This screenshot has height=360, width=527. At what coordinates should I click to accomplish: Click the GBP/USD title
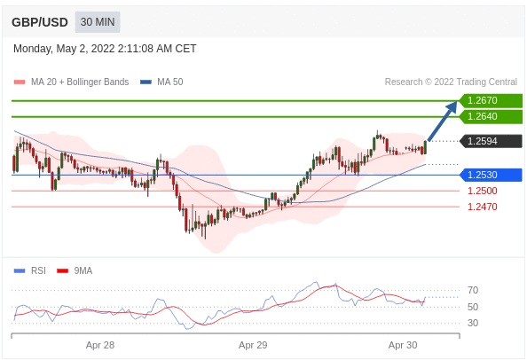click(x=40, y=22)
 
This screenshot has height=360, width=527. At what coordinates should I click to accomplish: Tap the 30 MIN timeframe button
click(x=98, y=22)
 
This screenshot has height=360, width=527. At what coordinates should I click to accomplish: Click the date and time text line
click(x=105, y=49)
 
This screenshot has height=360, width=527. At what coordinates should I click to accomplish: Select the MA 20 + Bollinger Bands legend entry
click(x=71, y=82)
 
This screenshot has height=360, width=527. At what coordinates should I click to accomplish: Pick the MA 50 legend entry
click(x=161, y=82)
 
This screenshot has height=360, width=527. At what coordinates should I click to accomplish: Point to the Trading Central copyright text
click(x=451, y=82)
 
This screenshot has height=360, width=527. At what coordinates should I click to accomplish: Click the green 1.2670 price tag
click(x=491, y=100)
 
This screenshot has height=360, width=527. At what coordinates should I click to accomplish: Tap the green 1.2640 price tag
click(x=491, y=116)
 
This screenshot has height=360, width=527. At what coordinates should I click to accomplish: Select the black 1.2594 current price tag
click(x=491, y=141)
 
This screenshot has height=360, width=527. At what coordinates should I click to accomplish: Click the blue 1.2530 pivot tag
click(x=491, y=175)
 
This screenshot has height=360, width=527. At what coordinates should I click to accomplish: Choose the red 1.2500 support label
click(x=483, y=191)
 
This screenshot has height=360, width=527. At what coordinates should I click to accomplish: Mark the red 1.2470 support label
click(x=483, y=207)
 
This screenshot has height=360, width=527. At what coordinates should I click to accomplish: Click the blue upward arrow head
click(x=452, y=107)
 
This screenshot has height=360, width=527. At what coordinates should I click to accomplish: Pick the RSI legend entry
click(x=29, y=270)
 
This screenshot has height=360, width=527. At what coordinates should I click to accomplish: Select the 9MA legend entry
click(x=75, y=270)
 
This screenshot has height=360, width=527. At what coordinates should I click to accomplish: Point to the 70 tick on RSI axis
click(x=473, y=290)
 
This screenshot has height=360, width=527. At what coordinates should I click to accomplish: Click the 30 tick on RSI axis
click(x=473, y=323)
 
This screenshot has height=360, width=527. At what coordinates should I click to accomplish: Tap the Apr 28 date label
click(x=100, y=345)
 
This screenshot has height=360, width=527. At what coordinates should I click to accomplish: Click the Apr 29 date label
click(x=253, y=345)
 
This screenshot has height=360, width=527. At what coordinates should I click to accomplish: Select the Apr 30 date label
click(x=403, y=345)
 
